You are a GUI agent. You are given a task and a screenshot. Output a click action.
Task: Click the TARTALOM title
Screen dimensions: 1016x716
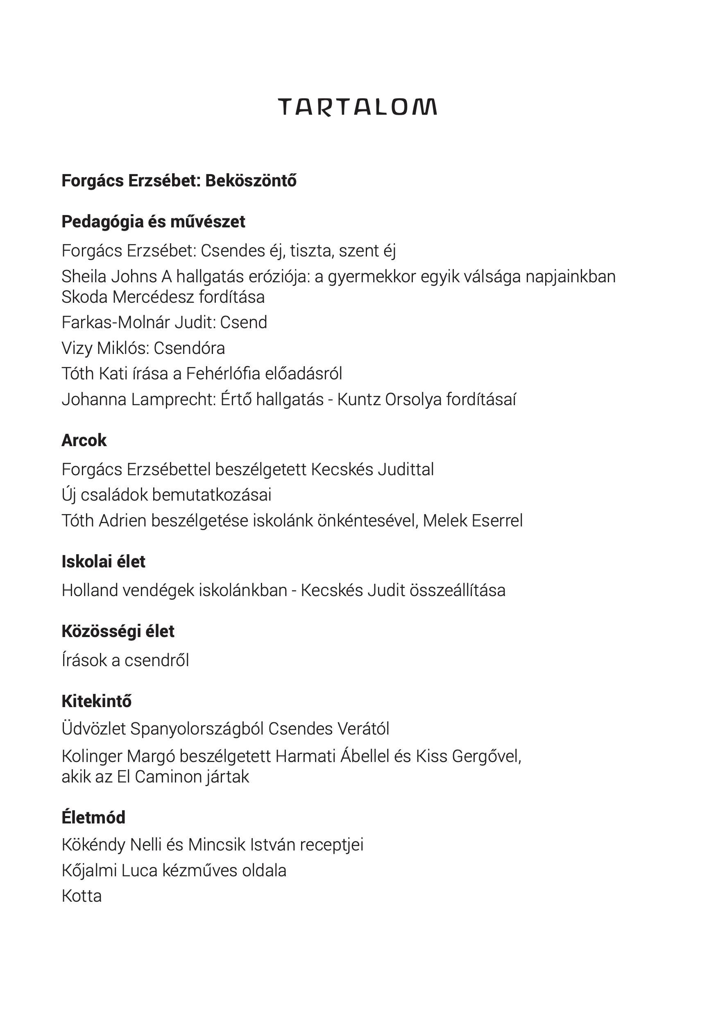(357, 107)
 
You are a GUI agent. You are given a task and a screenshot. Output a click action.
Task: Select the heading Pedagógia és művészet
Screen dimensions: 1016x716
(153, 222)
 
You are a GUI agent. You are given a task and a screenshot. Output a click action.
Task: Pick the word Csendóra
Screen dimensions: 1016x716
(189, 348)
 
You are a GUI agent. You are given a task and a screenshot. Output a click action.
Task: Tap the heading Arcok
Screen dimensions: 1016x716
(84, 440)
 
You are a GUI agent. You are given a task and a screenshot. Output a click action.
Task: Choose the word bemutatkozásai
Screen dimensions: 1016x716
(211, 495)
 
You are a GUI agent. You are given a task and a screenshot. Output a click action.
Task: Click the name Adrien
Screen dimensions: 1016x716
(122, 521)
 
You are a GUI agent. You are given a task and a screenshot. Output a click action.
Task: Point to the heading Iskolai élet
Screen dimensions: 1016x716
(103, 562)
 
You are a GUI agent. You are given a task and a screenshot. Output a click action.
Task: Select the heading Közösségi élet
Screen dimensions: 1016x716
(118, 631)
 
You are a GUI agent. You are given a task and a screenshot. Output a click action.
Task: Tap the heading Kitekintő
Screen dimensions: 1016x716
(97, 701)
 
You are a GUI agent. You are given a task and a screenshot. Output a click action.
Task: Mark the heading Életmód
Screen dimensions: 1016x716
(93, 817)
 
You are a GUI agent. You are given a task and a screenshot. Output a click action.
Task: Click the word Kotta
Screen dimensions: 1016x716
(82, 896)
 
